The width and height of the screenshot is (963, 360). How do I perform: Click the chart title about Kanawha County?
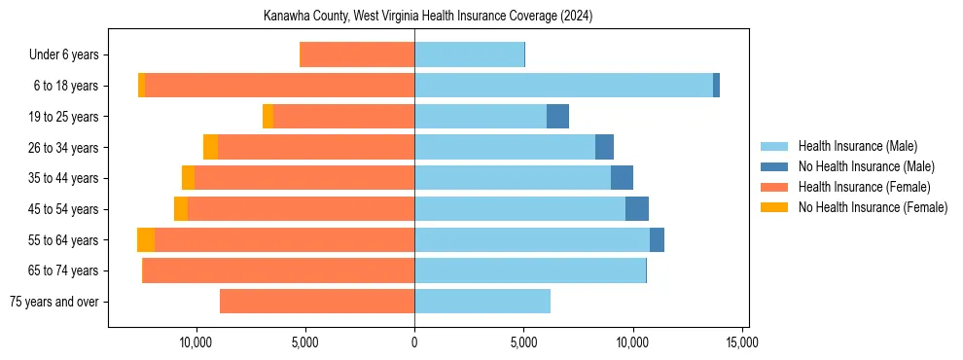[x=428, y=17]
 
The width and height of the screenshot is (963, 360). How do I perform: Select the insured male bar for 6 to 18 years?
[x=563, y=86]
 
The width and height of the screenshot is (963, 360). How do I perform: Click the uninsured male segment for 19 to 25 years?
[x=557, y=117]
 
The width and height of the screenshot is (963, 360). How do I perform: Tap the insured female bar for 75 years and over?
[x=317, y=302]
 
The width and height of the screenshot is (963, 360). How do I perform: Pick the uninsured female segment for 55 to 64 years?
[x=146, y=240]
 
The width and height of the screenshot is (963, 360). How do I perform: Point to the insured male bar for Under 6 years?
[x=469, y=54]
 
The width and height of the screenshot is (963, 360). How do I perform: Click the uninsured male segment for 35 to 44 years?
[x=622, y=178]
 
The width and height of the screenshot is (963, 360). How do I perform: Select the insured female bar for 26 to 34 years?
[x=316, y=147]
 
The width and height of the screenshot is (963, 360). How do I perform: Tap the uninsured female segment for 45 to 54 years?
[x=181, y=209]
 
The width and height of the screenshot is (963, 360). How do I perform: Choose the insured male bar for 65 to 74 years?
[x=530, y=270]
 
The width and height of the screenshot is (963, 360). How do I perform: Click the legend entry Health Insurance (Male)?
[x=857, y=146]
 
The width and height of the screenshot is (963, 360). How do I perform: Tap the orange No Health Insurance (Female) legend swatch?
[x=774, y=207]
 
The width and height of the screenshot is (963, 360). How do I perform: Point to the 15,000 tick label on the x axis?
[x=741, y=342]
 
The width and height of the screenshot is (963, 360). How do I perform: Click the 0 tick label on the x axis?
[x=414, y=342]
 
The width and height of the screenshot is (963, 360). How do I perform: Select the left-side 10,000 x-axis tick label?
[x=196, y=342]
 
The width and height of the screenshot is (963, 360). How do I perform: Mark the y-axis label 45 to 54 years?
[x=65, y=209]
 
